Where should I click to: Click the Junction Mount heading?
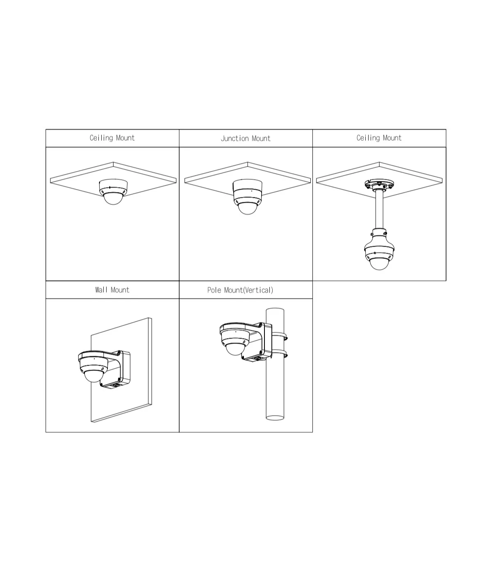[246, 138]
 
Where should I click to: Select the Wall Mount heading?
[112, 290]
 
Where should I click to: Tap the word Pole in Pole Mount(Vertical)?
[214, 290]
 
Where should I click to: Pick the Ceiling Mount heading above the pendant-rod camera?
[379, 138]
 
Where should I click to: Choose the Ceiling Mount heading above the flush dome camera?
[112, 138]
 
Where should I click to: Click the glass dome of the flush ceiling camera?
[113, 199]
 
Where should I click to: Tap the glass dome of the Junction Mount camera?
[247, 209]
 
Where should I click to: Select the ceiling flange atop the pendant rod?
[379, 184]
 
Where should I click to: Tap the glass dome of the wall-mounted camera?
[94, 376]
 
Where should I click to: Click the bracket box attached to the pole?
[257, 342]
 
